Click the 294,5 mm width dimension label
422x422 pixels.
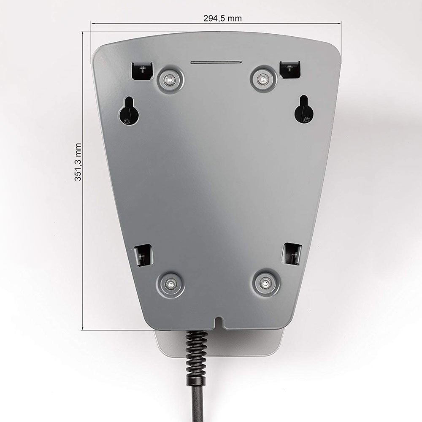pos(222,18)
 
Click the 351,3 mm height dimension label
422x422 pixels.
pos(78,162)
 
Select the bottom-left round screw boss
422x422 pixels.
pos(171,284)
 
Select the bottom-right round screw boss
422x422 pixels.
pos(266,282)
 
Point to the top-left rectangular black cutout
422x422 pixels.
pos(142,71)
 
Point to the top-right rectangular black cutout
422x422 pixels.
pos(290,70)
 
